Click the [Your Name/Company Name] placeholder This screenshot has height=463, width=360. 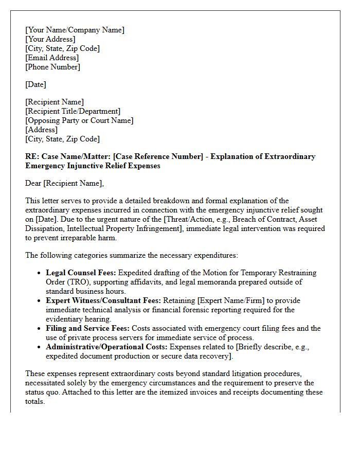click(75, 30)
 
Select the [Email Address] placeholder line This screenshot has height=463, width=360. click(52, 58)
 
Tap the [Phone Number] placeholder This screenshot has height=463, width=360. click(52, 67)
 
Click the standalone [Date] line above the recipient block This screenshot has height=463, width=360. click(35, 84)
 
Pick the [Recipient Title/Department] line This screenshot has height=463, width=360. click(73, 111)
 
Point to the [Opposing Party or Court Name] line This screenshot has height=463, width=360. click(79, 120)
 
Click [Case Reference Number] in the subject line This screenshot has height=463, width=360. click(162, 156)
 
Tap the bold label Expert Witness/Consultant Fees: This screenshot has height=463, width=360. click(103, 300)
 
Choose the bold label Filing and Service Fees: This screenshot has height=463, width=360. click(87, 328)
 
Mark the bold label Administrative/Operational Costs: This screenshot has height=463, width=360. click(106, 347)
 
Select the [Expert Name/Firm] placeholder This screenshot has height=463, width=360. click(231, 300)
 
